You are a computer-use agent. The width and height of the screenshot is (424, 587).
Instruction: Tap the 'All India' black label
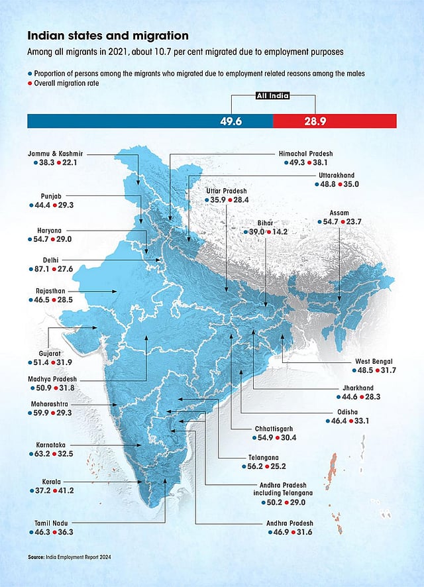pyautogui.click(x=272, y=97)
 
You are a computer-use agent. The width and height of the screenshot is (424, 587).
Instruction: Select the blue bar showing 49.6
pyautogui.click(x=150, y=121)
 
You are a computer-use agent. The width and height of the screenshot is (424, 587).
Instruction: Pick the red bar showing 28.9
pyautogui.click(x=335, y=121)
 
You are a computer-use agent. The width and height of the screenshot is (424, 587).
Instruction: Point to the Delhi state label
pyautogui.click(x=46, y=259)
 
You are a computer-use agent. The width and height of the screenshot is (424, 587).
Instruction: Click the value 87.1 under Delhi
pyautogui.click(x=44, y=268)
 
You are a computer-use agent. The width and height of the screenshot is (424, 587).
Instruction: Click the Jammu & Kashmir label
pyautogui.click(x=56, y=153)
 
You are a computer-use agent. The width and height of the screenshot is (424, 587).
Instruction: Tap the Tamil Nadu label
pyautogui.click(x=52, y=523)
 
